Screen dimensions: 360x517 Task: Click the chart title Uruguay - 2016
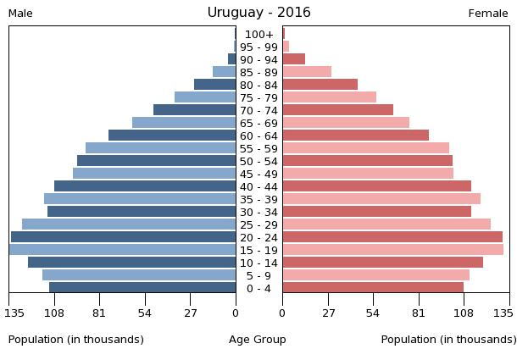coord(258,13)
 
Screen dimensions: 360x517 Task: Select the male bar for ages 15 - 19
coord(123,250)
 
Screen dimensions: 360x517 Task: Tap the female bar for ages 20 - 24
coord(392,237)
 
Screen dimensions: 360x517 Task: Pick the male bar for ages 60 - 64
coord(172,136)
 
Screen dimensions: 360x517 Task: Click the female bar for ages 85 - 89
coord(307,72)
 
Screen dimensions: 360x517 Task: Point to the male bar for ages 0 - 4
coord(142,288)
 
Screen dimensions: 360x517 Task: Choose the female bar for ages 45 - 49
coord(368,174)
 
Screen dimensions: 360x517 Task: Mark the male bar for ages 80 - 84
coord(215,85)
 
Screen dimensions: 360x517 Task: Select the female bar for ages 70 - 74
coord(338,110)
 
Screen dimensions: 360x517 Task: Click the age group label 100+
coord(258,35)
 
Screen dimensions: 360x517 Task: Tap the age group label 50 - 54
coord(258,161)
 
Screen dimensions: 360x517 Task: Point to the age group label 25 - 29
coord(258,224)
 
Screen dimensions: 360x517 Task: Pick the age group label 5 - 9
coord(258,275)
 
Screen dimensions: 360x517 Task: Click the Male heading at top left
coord(20,14)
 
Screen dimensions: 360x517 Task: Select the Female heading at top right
coord(488,14)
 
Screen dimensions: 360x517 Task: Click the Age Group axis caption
coord(258,340)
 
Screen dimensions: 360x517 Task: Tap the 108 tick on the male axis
coord(54,313)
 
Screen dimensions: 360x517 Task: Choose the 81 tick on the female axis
coord(419,313)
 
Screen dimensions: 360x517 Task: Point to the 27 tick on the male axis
coord(191,313)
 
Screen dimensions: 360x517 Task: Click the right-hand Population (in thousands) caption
coord(448,340)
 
